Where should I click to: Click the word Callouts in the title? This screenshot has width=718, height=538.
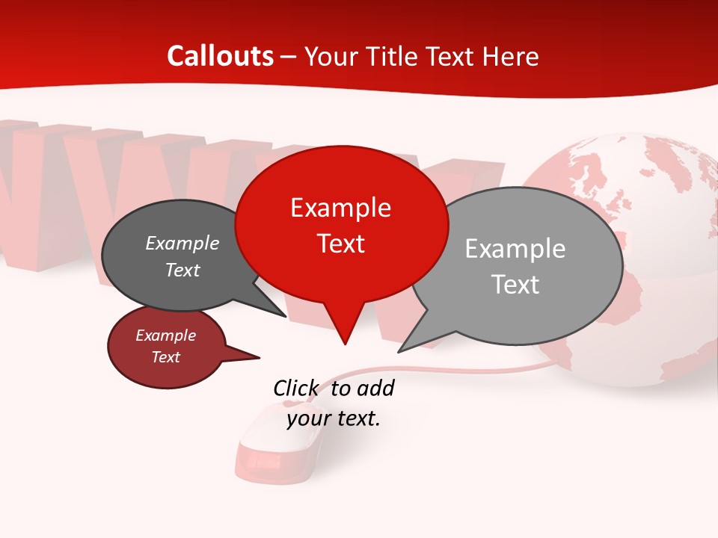[220, 56]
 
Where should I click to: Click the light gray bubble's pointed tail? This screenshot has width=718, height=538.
[416, 340]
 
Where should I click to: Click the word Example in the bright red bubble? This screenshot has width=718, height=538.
[340, 208]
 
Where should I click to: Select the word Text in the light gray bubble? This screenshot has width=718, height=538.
[515, 285]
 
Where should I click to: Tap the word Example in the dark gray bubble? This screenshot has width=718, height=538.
[182, 244]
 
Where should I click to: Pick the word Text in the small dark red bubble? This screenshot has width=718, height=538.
[166, 357]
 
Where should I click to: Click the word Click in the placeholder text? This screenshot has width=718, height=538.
[297, 389]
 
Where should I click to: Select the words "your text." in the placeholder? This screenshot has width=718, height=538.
[334, 418]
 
